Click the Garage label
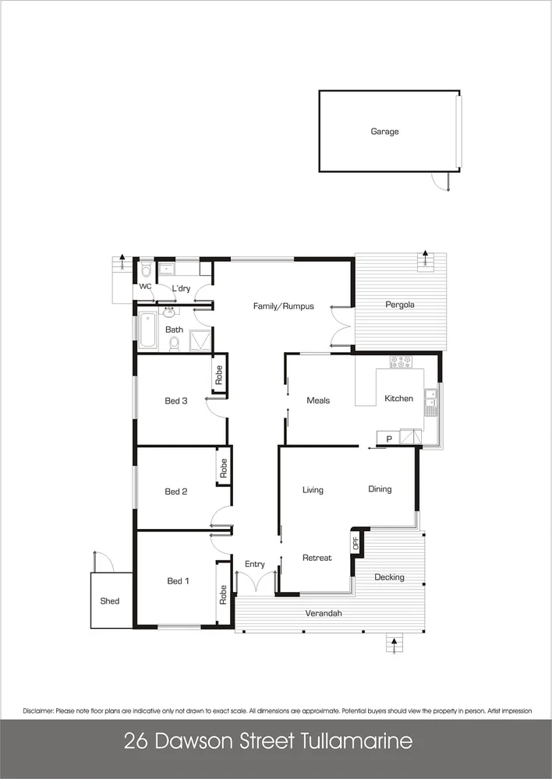click(384, 132)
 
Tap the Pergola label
click(400, 305)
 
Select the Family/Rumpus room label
click(283, 306)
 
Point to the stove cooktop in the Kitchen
click(401, 361)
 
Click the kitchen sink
click(430, 401)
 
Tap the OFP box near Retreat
click(356, 543)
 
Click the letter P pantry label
click(388, 439)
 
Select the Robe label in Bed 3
click(220, 375)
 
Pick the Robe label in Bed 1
click(224, 594)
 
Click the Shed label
click(109, 601)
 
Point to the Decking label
click(389, 577)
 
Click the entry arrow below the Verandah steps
click(395, 644)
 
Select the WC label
click(145, 287)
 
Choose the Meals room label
click(318, 400)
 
